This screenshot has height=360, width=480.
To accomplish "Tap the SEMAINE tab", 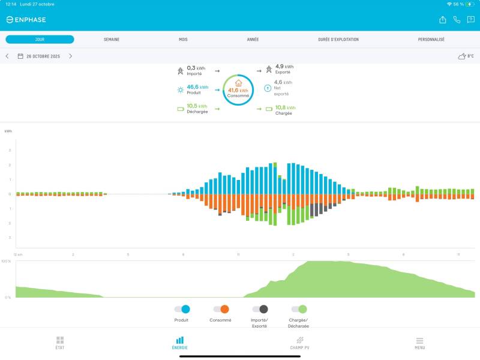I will click(112, 40).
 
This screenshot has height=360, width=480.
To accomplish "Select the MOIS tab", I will click(183, 40).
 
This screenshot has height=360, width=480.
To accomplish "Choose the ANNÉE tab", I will click(253, 40).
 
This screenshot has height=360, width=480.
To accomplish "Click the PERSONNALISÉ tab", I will click(431, 40).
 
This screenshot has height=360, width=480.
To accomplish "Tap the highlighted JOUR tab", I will click(40, 40).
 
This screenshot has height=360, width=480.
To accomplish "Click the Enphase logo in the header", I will click(26, 20).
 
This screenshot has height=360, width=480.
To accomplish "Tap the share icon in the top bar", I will click(443, 20).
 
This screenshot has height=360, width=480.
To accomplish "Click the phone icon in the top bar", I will click(457, 20).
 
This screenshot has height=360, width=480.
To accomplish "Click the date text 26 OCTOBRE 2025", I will click(43, 56).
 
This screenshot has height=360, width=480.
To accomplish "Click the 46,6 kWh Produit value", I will click(197, 87).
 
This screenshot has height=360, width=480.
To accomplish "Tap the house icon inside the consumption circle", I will click(238, 83).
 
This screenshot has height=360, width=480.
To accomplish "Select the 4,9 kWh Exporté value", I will click(284, 67).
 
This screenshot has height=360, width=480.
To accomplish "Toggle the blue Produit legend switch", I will click(182, 309).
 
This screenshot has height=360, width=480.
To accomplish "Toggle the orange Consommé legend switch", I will click(221, 309).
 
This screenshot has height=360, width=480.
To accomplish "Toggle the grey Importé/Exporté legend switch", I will click(260, 309).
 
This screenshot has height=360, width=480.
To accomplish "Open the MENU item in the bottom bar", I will click(419, 343).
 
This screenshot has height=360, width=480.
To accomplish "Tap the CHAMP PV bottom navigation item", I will click(299, 343).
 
